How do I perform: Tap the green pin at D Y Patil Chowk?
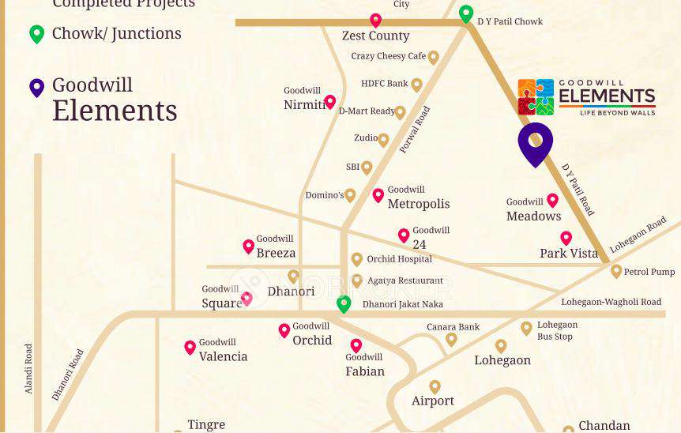(466, 14)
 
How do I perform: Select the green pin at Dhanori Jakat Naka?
(344, 303)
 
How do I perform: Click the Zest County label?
(375, 36)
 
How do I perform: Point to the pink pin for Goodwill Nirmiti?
(330, 102)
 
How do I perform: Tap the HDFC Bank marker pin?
(416, 85)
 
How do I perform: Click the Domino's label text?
(325, 195)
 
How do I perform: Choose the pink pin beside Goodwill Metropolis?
(378, 195)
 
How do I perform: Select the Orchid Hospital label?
(399, 259)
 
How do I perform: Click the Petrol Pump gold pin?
(616, 272)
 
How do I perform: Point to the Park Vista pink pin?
(566, 238)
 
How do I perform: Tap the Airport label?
(433, 401)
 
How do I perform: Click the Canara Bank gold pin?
(451, 339)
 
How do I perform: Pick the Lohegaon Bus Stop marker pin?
(526, 328)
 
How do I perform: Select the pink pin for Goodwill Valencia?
(190, 347)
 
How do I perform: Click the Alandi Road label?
(28, 368)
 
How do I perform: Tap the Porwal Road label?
(414, 130)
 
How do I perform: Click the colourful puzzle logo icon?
(536, 97)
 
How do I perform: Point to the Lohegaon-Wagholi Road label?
(611, 302)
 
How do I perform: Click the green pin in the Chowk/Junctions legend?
(36, 34)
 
